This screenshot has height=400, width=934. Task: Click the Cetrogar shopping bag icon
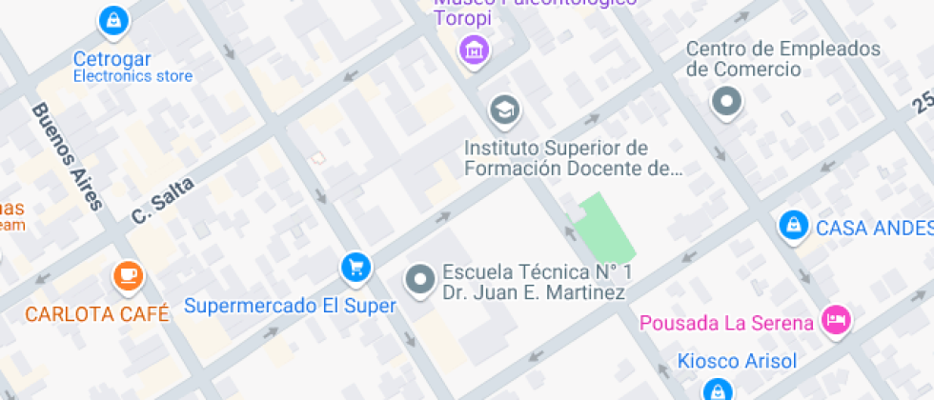coord(113,19)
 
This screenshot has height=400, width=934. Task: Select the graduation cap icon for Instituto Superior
coord(504,110)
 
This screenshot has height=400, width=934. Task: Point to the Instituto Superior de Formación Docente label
coord(573,159)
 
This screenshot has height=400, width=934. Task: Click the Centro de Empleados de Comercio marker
coord(728,101)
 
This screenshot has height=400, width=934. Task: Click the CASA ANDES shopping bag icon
coord(791,226)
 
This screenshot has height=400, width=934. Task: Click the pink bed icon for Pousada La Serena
coord(836,320)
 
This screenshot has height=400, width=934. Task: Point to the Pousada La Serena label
coord(726,323)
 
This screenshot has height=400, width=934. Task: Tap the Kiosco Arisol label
coord(736,360)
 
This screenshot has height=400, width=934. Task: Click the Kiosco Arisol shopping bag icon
coord(716,389)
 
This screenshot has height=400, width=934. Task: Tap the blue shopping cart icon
coord(355,268)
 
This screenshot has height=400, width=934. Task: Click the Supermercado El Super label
coord(290,306)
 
